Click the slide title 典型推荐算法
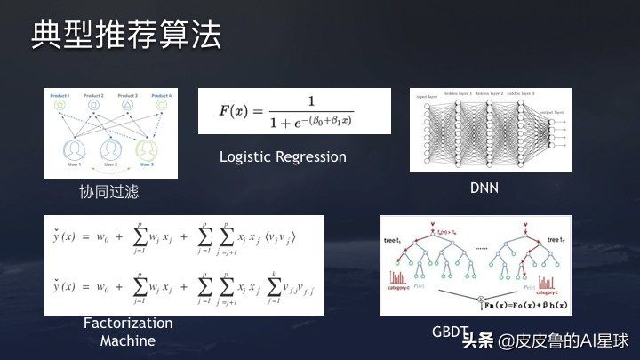126,36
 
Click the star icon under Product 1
60,106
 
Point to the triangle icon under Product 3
127,106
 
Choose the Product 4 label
163,95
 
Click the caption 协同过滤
109,191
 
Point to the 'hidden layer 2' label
491,92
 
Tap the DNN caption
484,188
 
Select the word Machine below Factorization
127,340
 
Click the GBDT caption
449,332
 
